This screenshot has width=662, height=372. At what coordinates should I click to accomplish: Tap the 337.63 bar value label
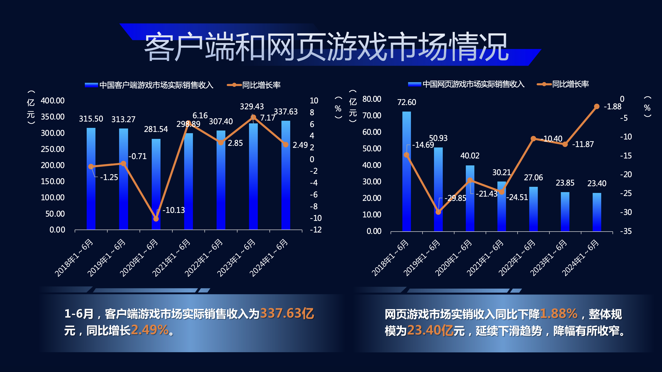(286, 112)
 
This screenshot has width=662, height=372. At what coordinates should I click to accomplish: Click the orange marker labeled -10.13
(156, 219)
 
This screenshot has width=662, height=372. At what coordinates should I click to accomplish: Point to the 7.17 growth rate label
(268, 118)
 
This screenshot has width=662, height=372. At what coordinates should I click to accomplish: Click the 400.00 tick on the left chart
(53, 101)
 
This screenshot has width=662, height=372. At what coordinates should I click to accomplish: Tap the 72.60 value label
(406, 102)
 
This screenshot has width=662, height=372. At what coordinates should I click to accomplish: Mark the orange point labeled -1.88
(597, 106)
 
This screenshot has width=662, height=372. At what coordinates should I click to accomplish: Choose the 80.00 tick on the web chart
(372, 99)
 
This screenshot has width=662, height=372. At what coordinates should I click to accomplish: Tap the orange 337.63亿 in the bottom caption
(287, 314)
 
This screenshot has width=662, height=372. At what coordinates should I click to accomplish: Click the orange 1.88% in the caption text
(559, 314)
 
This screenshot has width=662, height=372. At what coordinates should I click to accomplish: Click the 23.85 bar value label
(565, 183)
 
